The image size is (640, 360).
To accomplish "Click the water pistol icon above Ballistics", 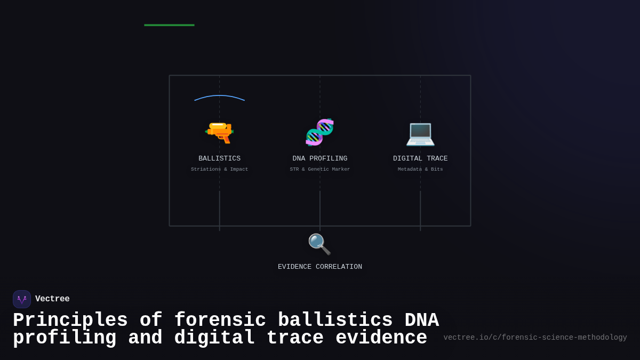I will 219,132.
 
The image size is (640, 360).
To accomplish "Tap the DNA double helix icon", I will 319,132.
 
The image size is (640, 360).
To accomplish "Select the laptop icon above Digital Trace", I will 420,133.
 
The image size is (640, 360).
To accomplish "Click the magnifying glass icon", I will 319,244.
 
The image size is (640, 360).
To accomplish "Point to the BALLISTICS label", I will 219,158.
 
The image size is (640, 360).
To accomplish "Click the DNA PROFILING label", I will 319,158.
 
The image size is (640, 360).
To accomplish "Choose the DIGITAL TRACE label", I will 420,158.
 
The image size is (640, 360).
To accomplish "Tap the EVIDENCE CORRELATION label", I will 319,267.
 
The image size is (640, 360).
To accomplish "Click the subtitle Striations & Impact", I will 219,169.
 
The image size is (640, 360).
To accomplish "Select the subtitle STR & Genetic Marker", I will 319,169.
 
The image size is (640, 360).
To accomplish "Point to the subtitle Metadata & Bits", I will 420,169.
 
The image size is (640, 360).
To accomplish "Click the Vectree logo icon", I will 22,299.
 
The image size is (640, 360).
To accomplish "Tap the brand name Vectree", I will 52,299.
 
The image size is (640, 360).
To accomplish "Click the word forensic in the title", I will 220,321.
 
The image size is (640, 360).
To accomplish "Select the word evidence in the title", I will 381,338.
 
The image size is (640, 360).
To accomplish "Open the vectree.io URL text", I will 535,338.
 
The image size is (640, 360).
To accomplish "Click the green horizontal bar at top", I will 169,25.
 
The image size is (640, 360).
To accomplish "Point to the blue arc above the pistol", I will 219,97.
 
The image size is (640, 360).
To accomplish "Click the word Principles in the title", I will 70,321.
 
